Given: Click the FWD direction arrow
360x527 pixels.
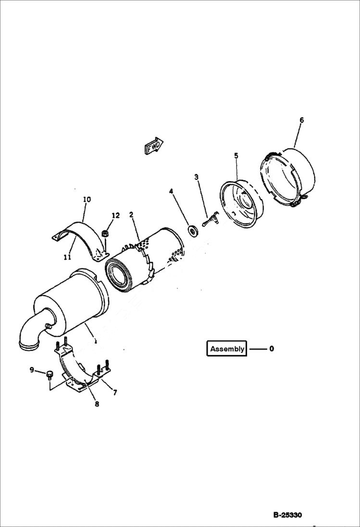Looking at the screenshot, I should pyautogui.click(x=154, y=146).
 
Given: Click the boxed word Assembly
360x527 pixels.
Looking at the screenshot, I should pyautogui.click(x=227, y=349).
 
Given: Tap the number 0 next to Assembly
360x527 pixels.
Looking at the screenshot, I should pyautogui.click(x=272, y=349).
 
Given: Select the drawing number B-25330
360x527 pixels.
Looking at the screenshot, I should pyautogui.click(x=287, y=515).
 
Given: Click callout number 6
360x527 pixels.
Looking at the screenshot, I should pyautogui.click(x=301, y=120).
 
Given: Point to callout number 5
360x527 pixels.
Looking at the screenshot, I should pyautogui.click(x=236, y=155).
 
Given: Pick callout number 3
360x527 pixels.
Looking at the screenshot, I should pyautogui.click(x=196, y=177).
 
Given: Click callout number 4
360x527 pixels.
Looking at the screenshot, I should pyautogui.click(x=171, y=191).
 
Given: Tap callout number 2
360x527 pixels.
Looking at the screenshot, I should pyautogui.click(x=131, y=214).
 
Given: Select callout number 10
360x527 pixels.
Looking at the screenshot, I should pyautogui.click(x=87, y=199).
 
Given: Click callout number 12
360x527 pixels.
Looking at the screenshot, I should pyautogui.click(x=115, y=216).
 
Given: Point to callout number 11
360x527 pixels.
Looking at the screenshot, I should pyautogui.click(x=67, y=257).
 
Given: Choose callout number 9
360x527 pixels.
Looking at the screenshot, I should pyautogui.click(x=32, y=370).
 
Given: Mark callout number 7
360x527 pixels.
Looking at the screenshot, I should pyautogui.click(x=115, y=393).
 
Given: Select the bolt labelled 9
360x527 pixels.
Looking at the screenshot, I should pyautogui.click(x=49, y=374).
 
